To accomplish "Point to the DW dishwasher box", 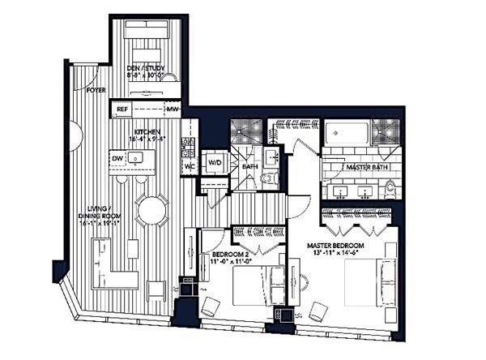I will click(118, 158).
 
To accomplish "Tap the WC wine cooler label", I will click(188, 167).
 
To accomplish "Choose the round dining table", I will click(152, 212).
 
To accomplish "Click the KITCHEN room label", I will click(147, 131).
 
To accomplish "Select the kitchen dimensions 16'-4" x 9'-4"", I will click(147, 139).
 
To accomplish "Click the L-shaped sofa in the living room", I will click(105, 268).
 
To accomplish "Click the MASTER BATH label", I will click(363, 167).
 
